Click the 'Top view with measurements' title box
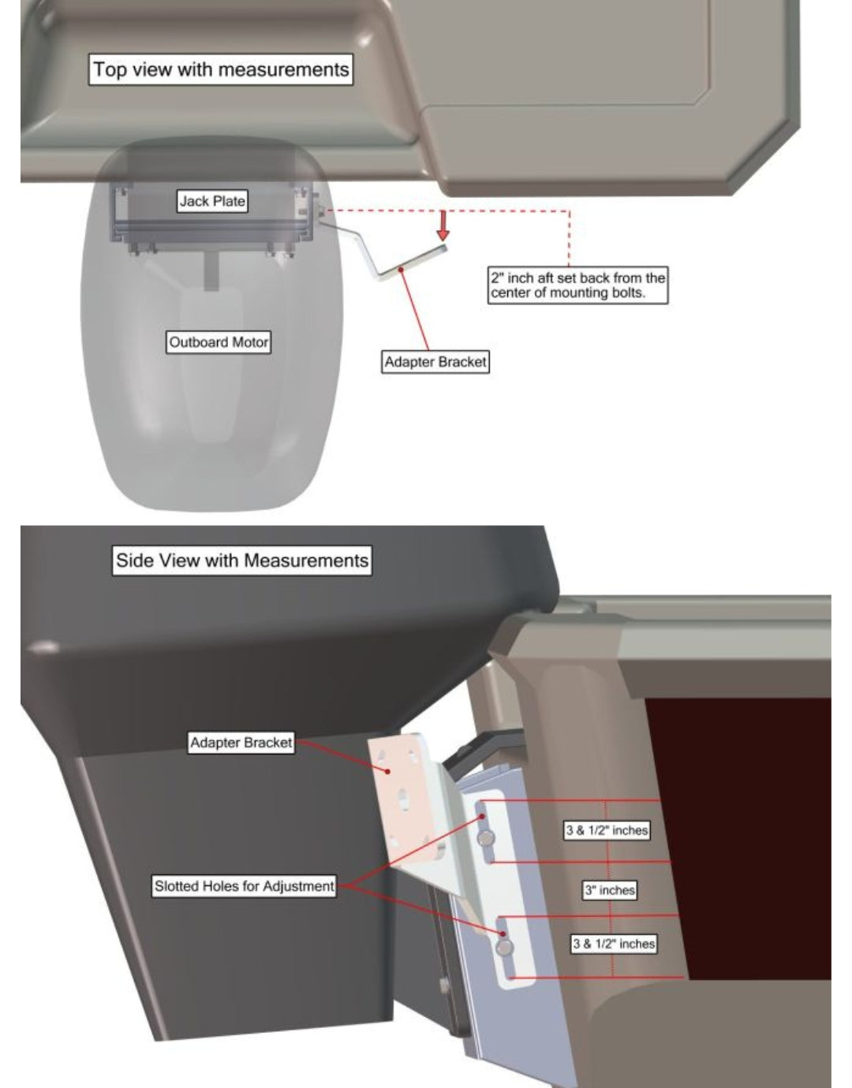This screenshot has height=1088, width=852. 221,69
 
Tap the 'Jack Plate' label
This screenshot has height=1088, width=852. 212,201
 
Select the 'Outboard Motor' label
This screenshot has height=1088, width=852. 219,342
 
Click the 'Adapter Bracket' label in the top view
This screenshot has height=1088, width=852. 435,362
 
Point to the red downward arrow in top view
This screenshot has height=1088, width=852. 443,225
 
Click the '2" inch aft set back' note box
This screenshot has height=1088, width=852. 578,285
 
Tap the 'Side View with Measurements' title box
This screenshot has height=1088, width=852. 242,561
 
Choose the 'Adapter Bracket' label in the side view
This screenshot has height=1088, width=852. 241,743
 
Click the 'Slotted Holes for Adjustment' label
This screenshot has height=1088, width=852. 244,886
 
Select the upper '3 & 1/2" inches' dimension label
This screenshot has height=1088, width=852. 607,830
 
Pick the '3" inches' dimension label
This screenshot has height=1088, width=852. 610,890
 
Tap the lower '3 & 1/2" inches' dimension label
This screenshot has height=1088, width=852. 614,944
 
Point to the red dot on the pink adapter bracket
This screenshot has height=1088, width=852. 387,772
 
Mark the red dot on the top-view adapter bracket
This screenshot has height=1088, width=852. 402,270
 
